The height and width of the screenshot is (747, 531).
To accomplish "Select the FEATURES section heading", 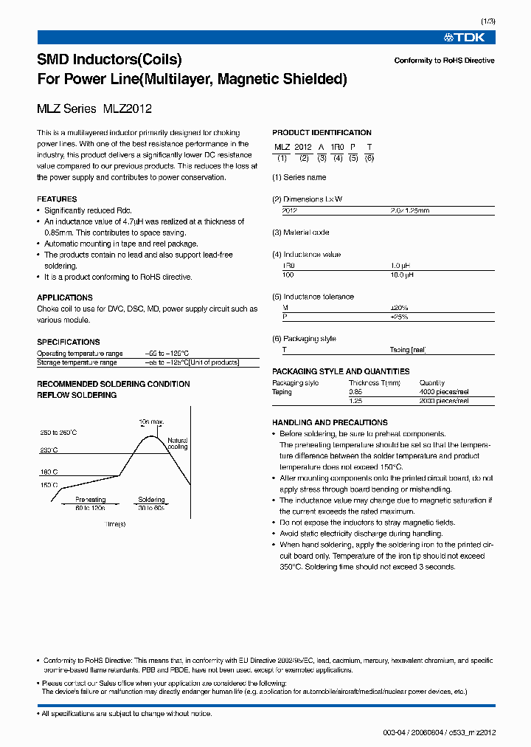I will pos(57,199).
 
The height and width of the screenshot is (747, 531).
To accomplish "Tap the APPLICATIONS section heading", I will pos(65,298).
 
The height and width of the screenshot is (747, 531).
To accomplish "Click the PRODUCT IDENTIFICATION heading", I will pos(322,133).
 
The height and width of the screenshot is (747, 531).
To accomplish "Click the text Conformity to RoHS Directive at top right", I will pos(444,61).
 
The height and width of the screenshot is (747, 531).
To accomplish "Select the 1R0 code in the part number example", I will pos(337,147).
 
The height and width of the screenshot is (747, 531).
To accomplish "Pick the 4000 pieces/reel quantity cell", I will pos(444,392).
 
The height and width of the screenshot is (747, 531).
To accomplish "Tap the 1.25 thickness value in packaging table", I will pos(355,401).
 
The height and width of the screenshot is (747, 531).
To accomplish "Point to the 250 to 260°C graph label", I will pos(59,432).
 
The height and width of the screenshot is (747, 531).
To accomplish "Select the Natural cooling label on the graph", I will pos(177,443).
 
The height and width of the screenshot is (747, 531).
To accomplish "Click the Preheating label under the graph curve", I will pos(90,500).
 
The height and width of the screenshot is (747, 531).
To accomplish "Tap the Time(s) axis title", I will pos(115,524).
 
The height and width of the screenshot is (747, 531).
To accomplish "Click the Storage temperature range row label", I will pos(77,362).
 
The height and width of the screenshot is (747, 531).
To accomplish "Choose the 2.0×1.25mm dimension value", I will pos(409,210).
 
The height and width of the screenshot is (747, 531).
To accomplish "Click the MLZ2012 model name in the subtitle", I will pos(127,109).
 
